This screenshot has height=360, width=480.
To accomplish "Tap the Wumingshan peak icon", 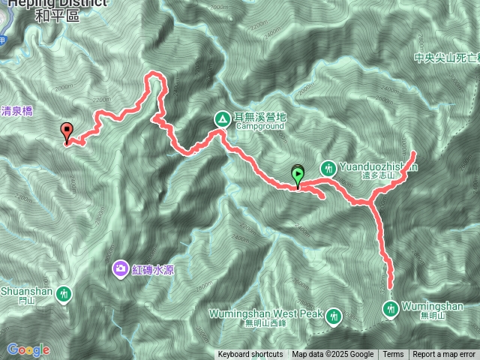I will [x=391, y=307].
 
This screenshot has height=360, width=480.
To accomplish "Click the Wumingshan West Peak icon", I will [x=333, y=316].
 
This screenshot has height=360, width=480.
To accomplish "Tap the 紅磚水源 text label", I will [x=154, y=269].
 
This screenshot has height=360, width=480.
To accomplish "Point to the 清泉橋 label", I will [x=16, y=109].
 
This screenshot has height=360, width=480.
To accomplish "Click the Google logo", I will [x=28, y=349].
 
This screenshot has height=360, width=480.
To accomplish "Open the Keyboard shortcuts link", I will [x=250, y=355].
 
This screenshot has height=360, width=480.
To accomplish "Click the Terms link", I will [x=393, y=355].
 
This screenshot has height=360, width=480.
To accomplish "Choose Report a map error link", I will [x=445, y=355].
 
